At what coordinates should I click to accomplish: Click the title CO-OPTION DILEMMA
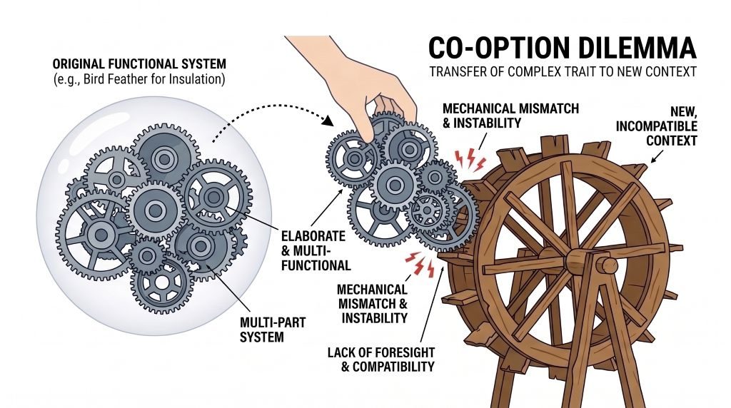tap(563, 48)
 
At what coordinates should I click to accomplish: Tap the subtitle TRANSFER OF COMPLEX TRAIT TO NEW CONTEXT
tap(563, 72)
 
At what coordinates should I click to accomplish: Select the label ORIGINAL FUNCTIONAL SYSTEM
tap(139, 63)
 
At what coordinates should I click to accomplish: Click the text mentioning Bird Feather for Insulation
tap(139, 79)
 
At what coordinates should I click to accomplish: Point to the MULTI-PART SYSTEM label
tap(272, 330)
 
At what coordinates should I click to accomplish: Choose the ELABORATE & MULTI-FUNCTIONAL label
tap(316, 250)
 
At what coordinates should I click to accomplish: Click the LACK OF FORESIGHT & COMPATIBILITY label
tap(381, 359)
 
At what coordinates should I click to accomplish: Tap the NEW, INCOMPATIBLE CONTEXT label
tap(657, 126)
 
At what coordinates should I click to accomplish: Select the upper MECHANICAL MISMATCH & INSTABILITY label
tap(510, 116)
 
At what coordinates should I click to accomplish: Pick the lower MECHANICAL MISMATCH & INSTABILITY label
tap(373, 304)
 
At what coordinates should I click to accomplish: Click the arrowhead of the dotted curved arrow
tap(328, 120)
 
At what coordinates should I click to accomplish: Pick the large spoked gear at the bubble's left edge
tap(100, 234)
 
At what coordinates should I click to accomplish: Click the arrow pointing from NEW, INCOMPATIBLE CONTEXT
tap(658, 156)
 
